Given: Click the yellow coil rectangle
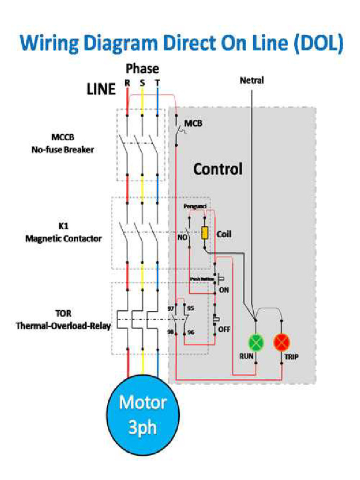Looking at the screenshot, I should [x=205, y=233].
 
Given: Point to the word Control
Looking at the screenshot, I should [x=218, y=169].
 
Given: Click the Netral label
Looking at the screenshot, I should [x=252, y=81].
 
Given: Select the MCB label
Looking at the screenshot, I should [x=193, y=124].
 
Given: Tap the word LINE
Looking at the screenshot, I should [x=101, y=89].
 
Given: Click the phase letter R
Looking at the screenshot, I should [x=127, y=83].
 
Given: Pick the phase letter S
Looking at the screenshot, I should [x=142, y=83].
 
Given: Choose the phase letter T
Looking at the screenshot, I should [x=157, y=83].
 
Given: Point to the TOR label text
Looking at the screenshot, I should [x=63, y=313].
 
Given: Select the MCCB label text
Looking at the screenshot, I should [x=63, y=137].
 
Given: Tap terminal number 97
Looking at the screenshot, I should [x=171, y=308].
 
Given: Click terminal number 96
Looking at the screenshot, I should [x=190, y=332].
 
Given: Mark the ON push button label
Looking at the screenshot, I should [x=224, y=290].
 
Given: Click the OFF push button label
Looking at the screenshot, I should [x=224, y=329].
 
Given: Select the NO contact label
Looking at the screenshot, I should [x=181, y=238].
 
